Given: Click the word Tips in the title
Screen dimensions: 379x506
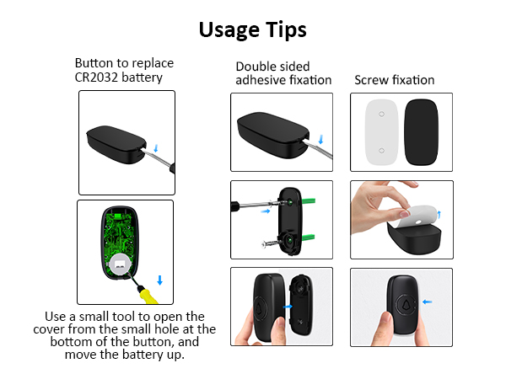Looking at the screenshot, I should (x=285, y=29).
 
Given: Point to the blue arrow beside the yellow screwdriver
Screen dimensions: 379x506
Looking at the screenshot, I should (x=160, y=280).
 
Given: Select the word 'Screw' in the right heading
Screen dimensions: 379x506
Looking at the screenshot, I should (x=372, y=81).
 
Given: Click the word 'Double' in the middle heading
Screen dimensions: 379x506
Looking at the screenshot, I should (x=256, y=67).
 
